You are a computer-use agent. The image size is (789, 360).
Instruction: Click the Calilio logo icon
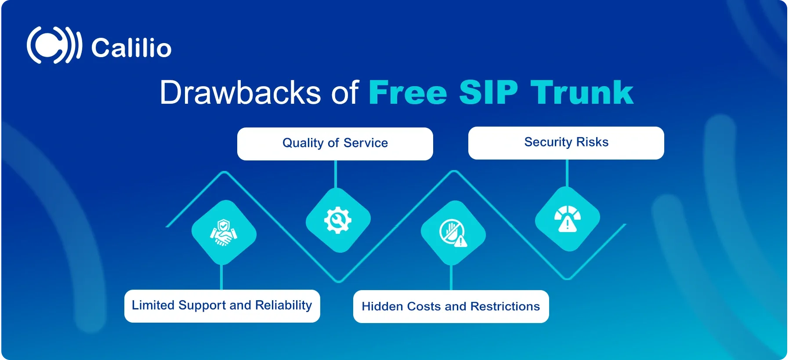click(x=54, y=45)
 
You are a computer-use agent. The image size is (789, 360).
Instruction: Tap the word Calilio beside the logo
click(x=131, y=47)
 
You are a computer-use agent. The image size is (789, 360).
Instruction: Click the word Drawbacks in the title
click(x=240, y=92)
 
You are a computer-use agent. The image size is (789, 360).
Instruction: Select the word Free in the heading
click(x=408, y=92)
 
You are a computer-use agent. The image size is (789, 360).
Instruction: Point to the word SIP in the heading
click(x=489, y=92)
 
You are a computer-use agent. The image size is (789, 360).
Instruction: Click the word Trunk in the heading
click(x=582, y=92)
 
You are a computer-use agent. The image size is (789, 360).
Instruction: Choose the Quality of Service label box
click(x=335, y=144)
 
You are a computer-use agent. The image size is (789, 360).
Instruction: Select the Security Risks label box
click(x=566, y=143)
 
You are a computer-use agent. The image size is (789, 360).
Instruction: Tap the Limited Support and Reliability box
click(x=222, y=306)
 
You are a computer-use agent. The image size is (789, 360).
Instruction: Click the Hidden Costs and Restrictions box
click(x=451, y=306)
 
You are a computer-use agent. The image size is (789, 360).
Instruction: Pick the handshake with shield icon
click(x=224, y=233)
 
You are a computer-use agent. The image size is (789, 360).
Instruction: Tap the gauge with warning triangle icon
click(x=568, y=218)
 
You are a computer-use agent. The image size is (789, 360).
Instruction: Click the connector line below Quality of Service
click(x=336, y=175)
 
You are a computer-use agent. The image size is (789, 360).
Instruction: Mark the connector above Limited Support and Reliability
click(x=222, y=276)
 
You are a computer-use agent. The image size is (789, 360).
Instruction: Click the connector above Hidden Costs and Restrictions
click(x=451, y=277)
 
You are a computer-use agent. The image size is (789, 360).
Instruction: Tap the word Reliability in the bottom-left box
click(x=283, y=305)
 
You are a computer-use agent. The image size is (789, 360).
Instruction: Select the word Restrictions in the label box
click(x=505, y=306)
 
